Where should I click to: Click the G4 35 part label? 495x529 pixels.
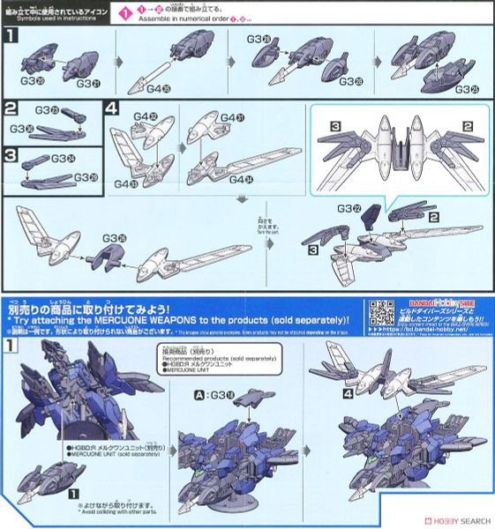click(158, 89)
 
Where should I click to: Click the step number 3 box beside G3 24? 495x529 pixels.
click(11, 160)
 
